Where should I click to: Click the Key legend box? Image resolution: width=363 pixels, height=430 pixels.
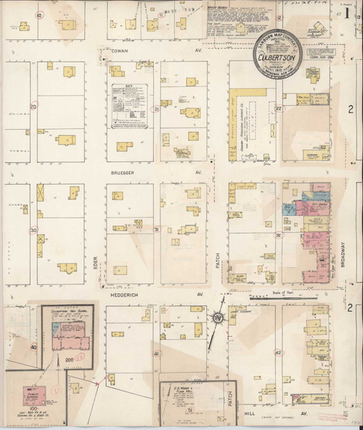point(129,107)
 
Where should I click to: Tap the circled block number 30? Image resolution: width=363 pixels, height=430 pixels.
point(33,230)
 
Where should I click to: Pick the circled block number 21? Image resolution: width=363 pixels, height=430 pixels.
point(156,109)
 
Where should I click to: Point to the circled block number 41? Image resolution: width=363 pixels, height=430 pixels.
point(156,353)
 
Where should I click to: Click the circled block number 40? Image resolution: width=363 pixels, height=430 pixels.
point(33,347)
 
